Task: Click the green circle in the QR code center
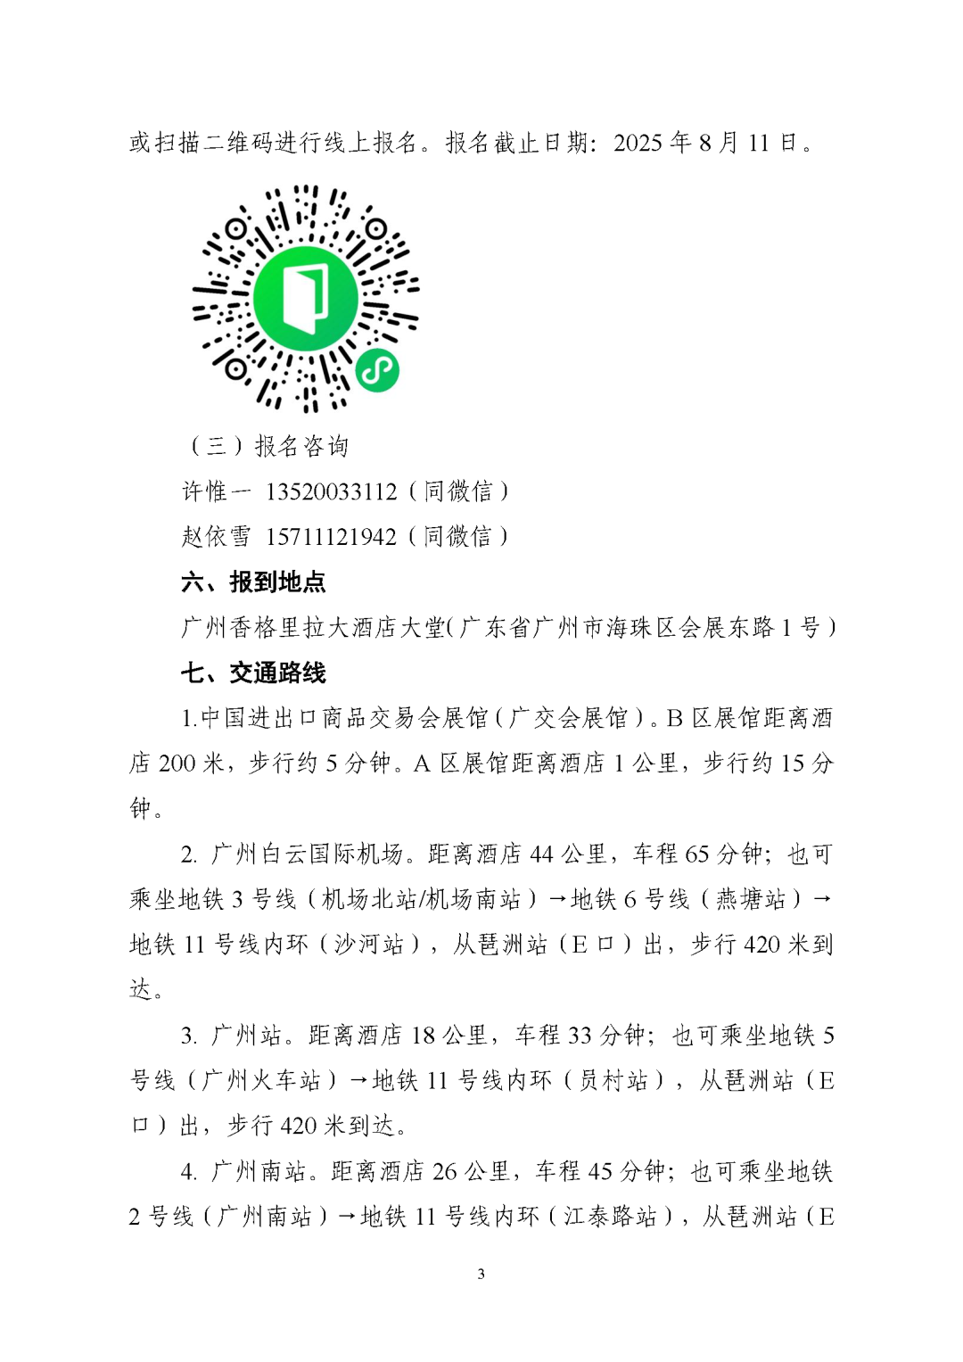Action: (x=305, y=300)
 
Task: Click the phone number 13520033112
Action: (x=331, y=491)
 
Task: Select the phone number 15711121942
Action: (x=331, y=537)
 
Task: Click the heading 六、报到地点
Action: (x=253, y=582)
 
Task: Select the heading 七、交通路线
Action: (x=253, y=673)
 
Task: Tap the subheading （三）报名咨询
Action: (x=267, y=446)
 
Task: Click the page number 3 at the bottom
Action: (x=481, y=1274)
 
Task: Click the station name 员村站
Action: (x=613, y=1081)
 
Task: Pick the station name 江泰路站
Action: (x=610, y=1217)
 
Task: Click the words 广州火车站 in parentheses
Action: (x=261, y=1081)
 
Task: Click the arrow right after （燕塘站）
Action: (x=822, y=899)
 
